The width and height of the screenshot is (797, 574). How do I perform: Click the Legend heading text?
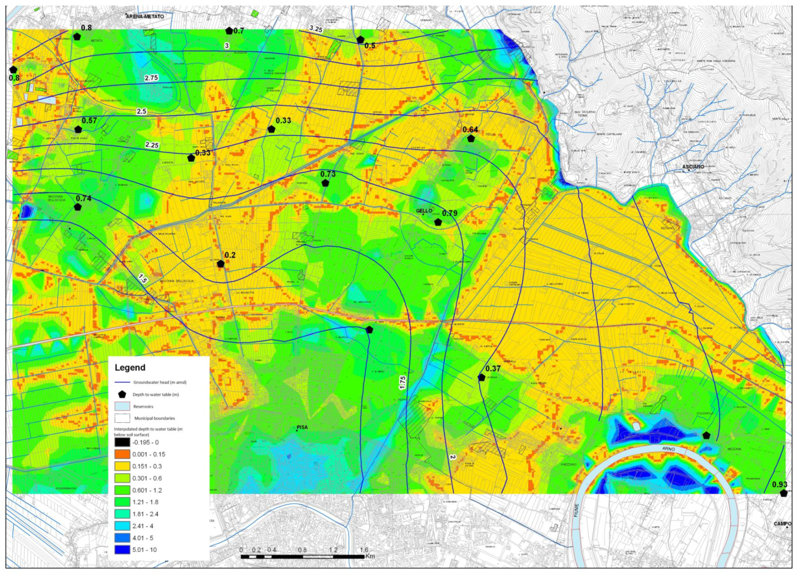130,367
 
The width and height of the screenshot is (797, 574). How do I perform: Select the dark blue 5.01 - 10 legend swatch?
122,550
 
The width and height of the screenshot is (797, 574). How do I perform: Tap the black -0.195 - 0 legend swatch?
122,442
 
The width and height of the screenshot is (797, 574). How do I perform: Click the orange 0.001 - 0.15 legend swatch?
122,454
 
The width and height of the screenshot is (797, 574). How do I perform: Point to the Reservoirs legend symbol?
122,406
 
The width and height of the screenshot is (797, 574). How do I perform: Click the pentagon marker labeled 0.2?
221,264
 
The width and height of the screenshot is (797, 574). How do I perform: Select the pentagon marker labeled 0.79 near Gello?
438,222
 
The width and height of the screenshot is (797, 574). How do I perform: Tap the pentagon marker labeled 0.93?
783,493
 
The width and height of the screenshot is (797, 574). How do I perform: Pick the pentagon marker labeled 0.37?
481,377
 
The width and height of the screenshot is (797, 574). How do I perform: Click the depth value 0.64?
470,130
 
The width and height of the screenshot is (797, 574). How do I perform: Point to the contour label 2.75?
151,78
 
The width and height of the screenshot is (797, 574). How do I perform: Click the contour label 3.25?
316,29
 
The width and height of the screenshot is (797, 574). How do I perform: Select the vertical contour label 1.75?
402,383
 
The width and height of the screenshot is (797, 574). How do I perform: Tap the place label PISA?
302,427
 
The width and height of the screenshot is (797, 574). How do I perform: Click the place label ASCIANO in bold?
693,167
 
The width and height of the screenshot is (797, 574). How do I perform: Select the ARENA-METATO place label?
145,16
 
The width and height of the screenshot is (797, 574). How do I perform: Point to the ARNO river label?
668,448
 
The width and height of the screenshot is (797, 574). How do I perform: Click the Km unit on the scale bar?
370,556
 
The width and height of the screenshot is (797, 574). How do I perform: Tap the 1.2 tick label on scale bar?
333,550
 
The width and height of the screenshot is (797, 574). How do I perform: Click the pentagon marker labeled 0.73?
325,183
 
